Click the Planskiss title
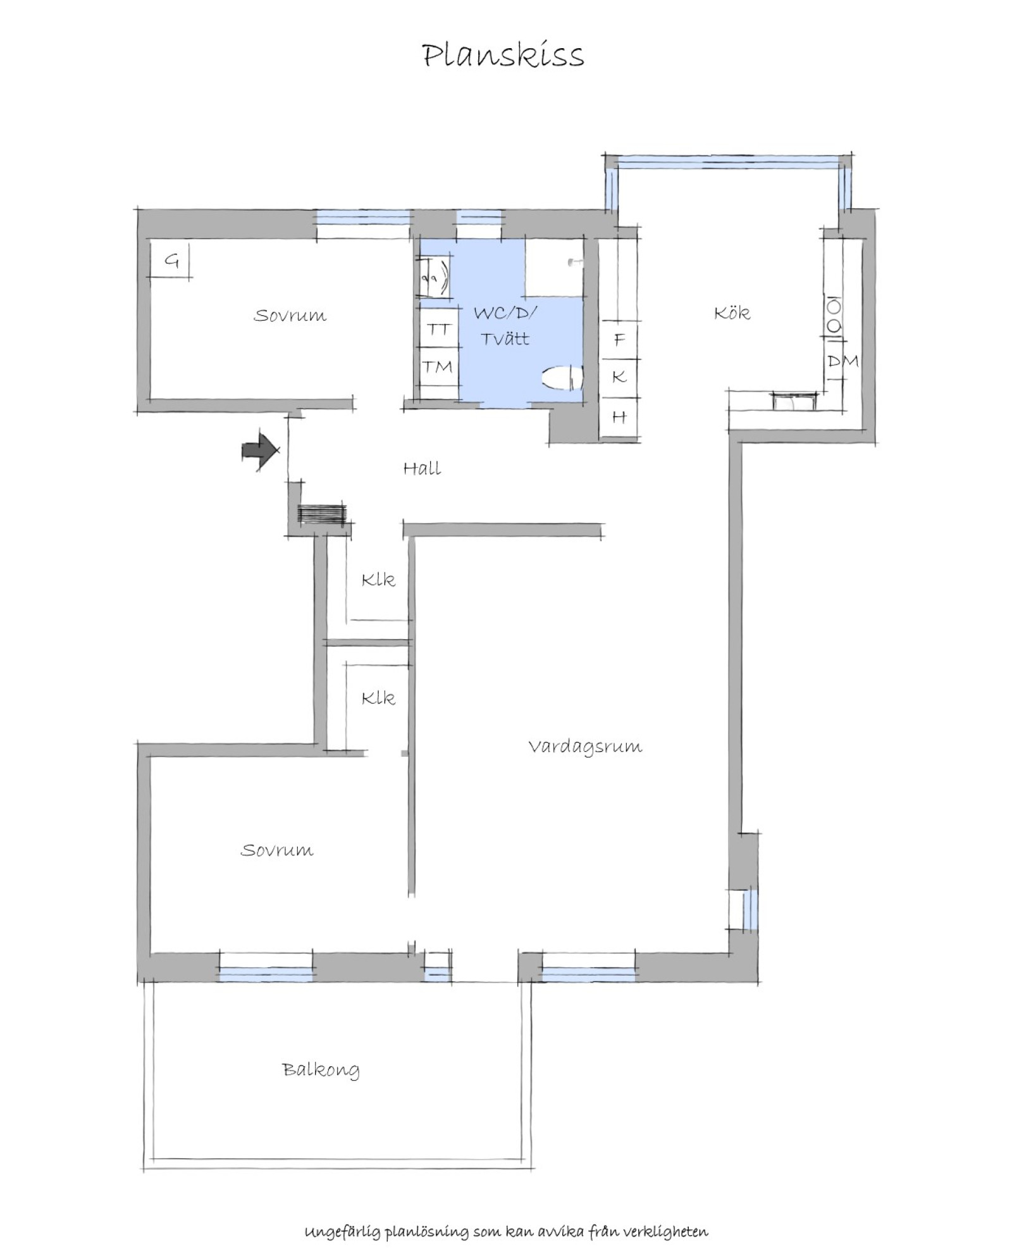coord(503,56)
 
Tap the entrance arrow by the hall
coord(261,450)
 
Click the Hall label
coord(422,468)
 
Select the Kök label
coord(732,312)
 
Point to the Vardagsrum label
coord(585,747)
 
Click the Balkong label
coord(321,1070)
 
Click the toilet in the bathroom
coord(562,378)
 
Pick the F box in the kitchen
coord(619,339)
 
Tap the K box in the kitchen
coord(619,377)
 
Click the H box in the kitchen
coord(619,416)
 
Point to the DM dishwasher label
coord(843,361)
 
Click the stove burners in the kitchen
coord(834,316)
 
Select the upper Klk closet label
coord(378,579)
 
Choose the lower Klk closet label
coord(378,698)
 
